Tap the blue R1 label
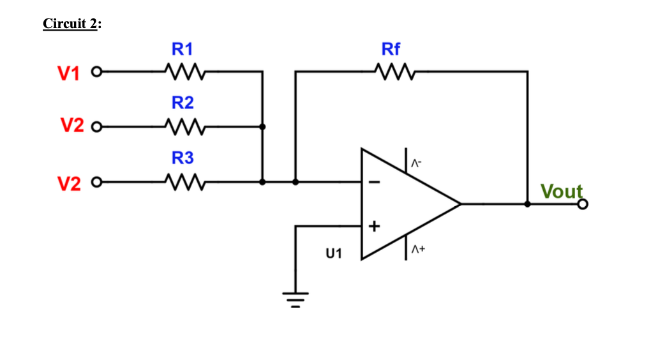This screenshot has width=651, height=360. (182, 49)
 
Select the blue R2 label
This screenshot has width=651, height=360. (182, 103)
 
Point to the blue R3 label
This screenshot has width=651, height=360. (182, 158)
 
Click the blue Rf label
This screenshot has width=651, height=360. (391, 49)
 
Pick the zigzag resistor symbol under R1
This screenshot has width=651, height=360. (183, 71)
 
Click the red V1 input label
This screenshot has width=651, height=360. (68, 74)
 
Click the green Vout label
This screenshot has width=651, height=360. (562, 191)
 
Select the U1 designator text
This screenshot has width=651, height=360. (334, 254)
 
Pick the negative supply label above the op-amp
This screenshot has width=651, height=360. (415, 164)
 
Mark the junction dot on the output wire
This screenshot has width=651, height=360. (527, 204)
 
